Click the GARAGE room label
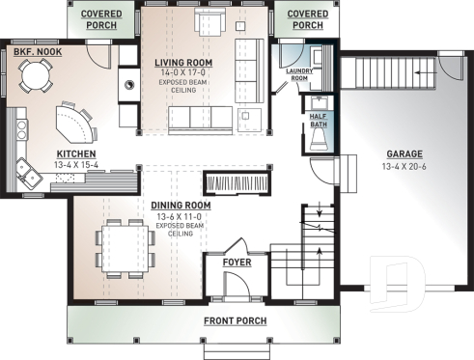(x=404, y=153)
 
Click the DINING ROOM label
(x=181, y=206)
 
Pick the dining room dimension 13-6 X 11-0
(x=181, y=216)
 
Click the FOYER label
(x=237, y=261)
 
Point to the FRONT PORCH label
(x=236, y=319)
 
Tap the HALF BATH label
(x=318, y=119)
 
